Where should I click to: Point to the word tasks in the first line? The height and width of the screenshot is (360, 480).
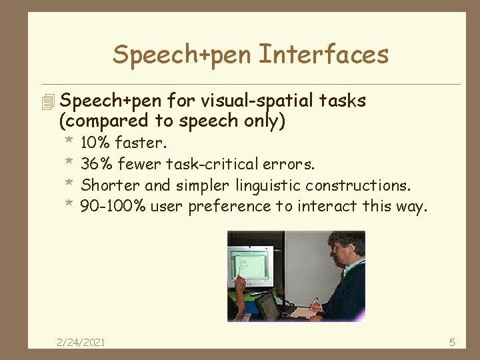pos(342,101)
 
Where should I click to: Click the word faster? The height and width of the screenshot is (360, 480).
pos(141,143)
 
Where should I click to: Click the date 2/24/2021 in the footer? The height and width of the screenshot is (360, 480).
pos(81,343)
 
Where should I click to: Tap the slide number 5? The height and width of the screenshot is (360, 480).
pos(452,343)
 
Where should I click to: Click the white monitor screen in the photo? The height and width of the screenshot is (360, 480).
pos(250,265)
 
